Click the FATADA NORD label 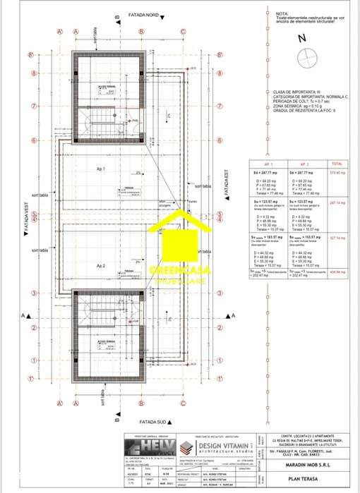click(143, 14)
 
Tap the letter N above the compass click(302, 39)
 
